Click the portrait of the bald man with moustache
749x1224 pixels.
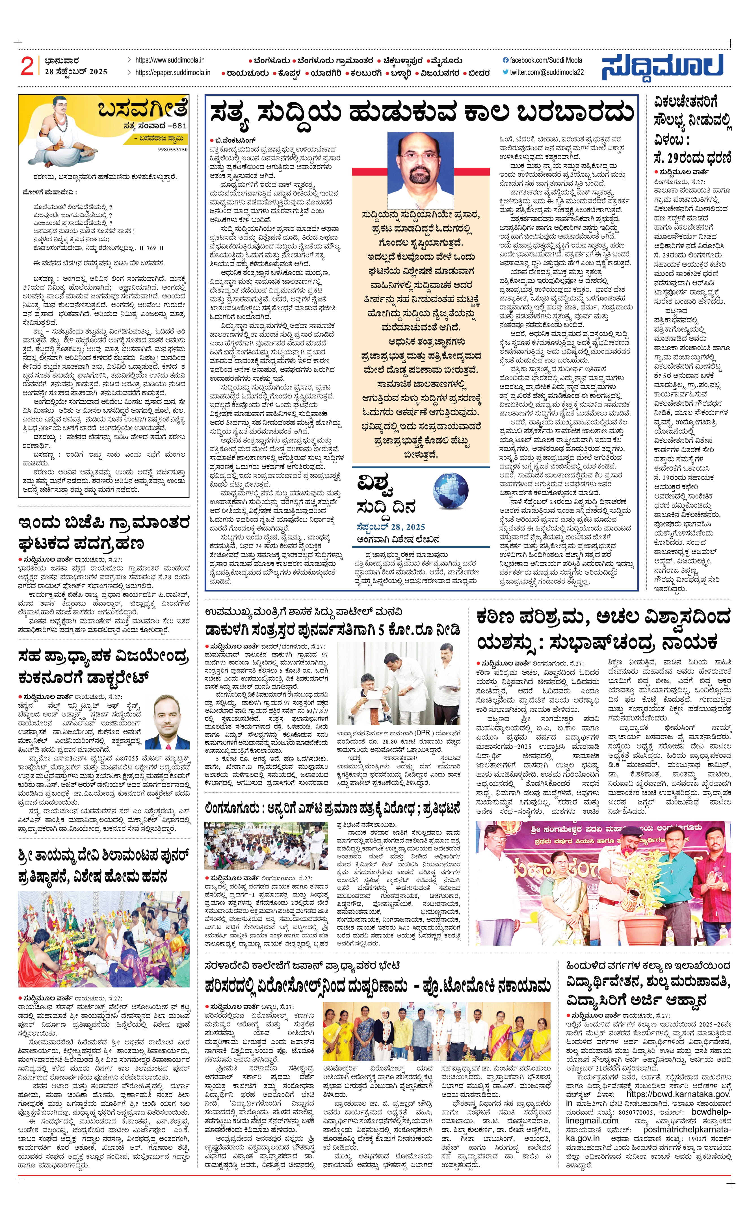pos(420,170)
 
